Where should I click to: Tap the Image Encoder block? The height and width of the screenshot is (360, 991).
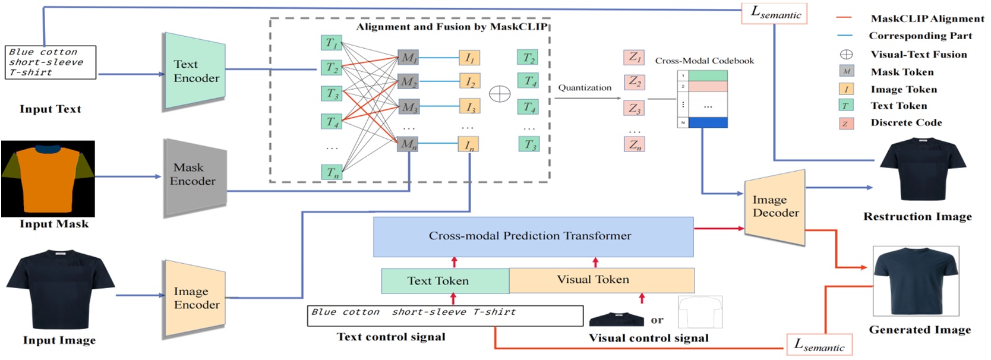pyautogui.click(x=195, y=298)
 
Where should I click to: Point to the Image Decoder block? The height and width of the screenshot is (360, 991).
pyautogui.click(x=775, y=207)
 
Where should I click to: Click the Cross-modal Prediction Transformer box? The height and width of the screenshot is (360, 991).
pyautogui.click(x=534, y=236)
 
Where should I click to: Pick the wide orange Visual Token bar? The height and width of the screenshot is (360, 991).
pyautogui.click(x=602, y=280)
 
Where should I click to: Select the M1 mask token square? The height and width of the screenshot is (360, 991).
pyautogui.click(x=408, y=58)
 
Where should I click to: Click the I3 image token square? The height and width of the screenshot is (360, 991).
pyautogui.click(x=469, y=106)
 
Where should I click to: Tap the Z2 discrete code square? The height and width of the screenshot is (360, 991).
pyautogui.click(x=635, y=82)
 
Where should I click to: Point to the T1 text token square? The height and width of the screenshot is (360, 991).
pyautogui.click(x=332, y=43)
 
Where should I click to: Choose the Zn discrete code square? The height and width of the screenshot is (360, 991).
pyautogui.click(x=635, y=144)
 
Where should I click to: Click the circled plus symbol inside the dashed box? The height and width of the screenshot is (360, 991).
pyautogui.click(x=500, y=94)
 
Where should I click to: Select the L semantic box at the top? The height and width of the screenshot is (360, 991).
pyautogui.click(x=774, y=13)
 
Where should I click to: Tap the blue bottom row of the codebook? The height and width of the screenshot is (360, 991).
pyautogui.click(x=708, y=122)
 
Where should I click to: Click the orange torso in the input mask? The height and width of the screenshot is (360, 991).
pyautogui.click(x=47, y=179)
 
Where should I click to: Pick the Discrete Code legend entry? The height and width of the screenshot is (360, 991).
pyautogui.click(x=891, y=123)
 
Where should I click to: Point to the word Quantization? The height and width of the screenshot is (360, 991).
pyautogui.click(x=585, y=87)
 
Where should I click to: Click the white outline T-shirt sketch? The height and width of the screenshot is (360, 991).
pyautogui.click(x=700, y=312)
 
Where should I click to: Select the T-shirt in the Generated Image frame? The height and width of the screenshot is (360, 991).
pyautogui.click(x=916, y=280)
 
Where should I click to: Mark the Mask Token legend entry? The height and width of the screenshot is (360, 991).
pyautogui.click(x=886, y=72)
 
